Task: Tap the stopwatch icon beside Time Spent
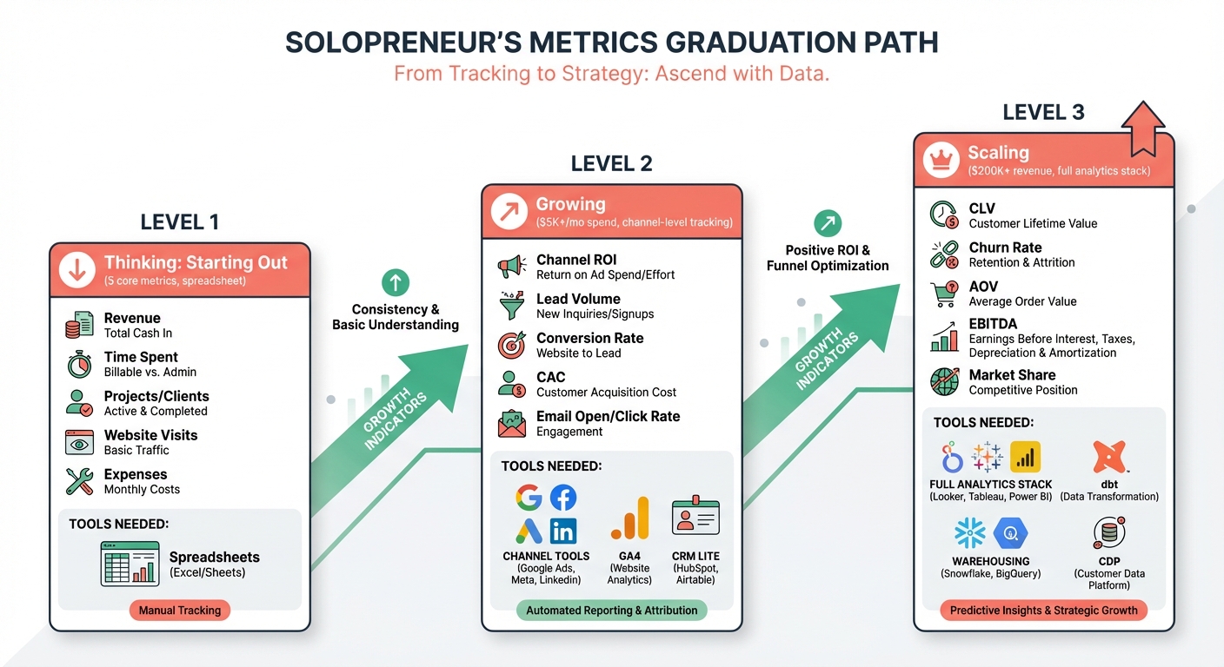click(x=79, y=364)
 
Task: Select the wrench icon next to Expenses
click(x=79, y=481)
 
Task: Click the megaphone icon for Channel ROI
click(x=511, y=267)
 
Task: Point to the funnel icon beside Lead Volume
click(x=511, y=306)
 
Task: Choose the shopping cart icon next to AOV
click(x=944, y=294)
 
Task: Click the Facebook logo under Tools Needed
click(x=563, y=498)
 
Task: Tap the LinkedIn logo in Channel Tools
click(x=563, y=531)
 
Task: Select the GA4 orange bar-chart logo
click(x=629, y=518)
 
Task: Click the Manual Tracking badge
click(x=180, y=611)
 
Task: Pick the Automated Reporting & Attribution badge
click(x=611, y=611)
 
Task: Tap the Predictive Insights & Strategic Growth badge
click(x=1043, y=611)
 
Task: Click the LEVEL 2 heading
click(x=611, y=163)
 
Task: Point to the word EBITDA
click(x=994, y=324)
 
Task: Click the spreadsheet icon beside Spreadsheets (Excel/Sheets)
click(x=130, y=564)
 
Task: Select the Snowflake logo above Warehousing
click(x=969, y=533)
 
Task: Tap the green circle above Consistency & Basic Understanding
click(x=395, y=282)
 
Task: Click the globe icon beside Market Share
click(x=944, y=382)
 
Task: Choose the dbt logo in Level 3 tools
click(x=1109, y=457)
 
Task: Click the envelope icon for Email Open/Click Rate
click(x=511, y=424)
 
